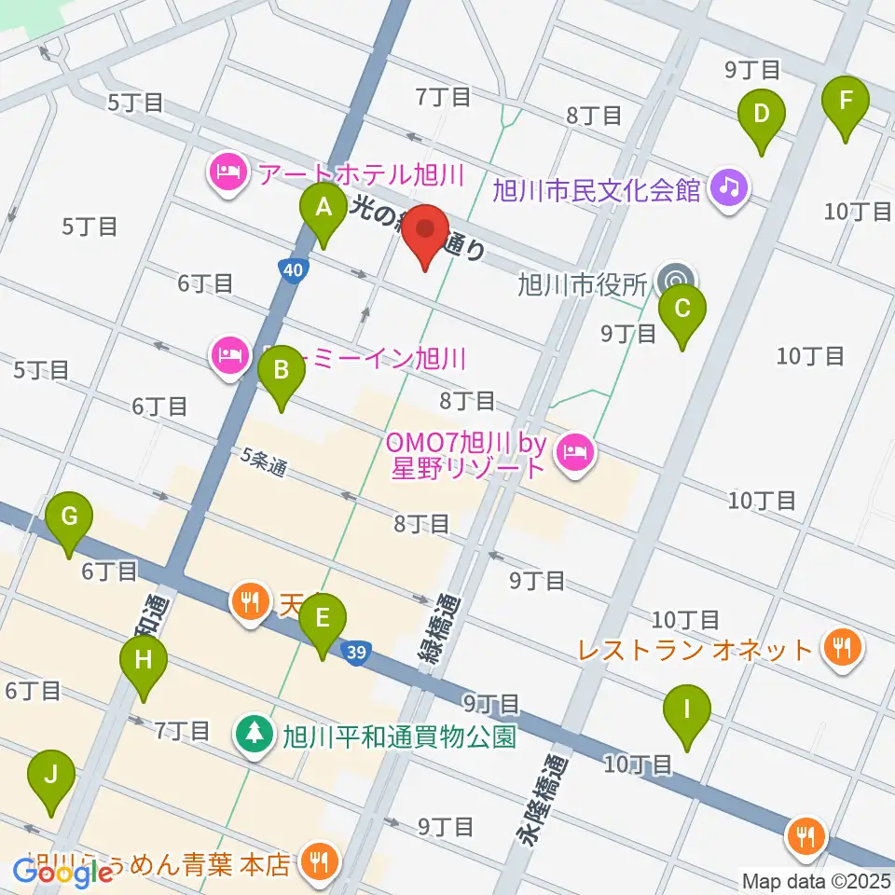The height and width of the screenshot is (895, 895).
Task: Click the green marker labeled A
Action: (x=323, y=210)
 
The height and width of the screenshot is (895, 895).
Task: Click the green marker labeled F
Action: (x=846, y=101)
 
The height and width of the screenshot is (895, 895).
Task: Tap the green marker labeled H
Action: (x=143, y=663)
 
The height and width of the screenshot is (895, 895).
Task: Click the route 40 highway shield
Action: (x=293, y=270)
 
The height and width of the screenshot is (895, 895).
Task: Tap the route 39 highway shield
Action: (x=379, y=651)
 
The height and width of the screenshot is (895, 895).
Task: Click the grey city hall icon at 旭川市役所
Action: (x=675, y=280)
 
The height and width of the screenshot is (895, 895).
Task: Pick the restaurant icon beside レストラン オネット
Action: (x=844, y=646)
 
